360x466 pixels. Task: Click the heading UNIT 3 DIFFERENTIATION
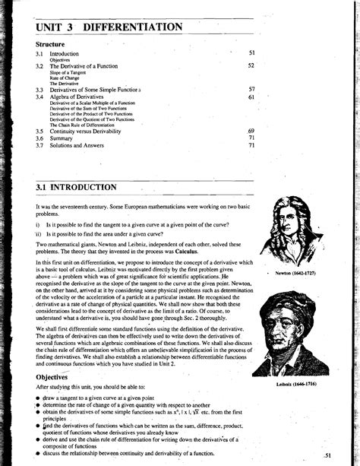click(110, 27)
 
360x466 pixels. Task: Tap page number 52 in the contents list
click(251, 65)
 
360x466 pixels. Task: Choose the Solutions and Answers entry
click(77, 146)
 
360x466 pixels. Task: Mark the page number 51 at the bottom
click(327, 455)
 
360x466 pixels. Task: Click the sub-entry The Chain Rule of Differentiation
click(83, 124)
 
